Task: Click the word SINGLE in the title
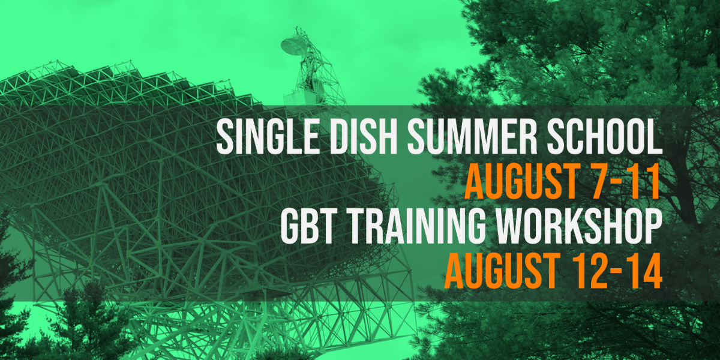(x=268, y=137)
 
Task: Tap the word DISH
(x=364, y=137)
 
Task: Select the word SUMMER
(x=472, y=137)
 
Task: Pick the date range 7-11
(x=625, y=181)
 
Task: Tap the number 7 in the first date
(x=601, y=181)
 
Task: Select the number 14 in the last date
(x=646, y=271)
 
